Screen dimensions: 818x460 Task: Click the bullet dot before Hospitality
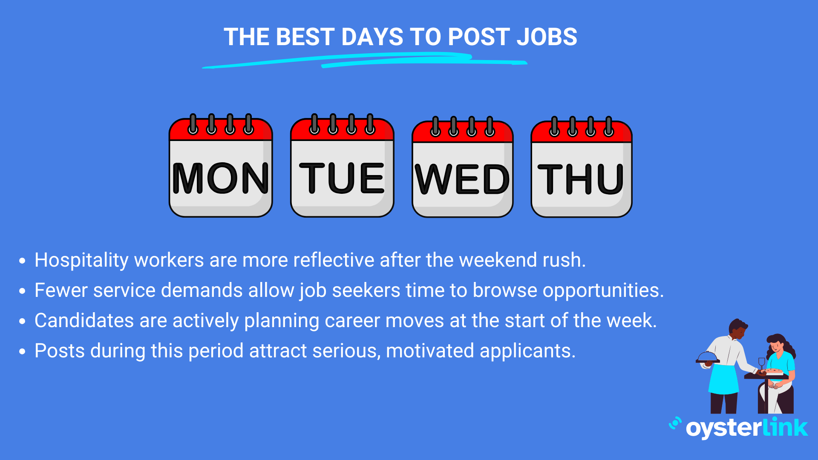[23, 261]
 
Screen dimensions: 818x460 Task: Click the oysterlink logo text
[747, 428]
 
